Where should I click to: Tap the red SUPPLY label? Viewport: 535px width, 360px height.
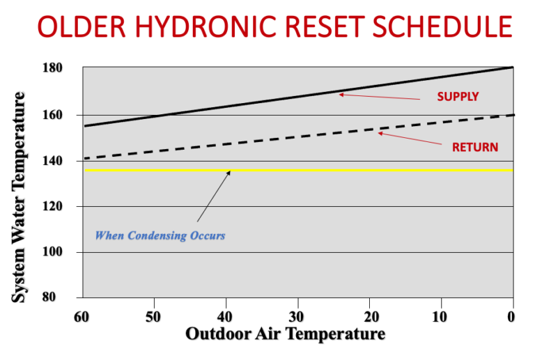pos(458,97)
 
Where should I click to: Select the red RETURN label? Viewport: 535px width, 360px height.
pos(475,147)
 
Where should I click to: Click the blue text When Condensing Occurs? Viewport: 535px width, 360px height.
pos(160,235)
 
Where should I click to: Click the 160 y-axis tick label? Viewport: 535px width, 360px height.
pos(72,114)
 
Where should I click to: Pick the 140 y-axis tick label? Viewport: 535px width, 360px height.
pos(72,160)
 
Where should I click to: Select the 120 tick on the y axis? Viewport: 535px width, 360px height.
pos(72,206)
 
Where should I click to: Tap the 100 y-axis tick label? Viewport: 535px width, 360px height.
pos(72,252)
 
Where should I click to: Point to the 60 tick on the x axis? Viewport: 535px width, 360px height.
pos(82,316)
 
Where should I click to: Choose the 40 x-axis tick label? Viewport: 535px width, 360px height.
pos(226,316)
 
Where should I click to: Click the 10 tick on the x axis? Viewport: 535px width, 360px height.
pos(440,316)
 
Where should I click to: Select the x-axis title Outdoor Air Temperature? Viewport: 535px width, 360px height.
pos(285,334)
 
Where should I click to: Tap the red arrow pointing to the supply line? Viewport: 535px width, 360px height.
pos(379,97)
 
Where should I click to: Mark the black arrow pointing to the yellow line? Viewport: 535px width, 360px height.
pos(213,196)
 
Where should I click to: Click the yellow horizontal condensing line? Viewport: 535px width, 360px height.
pos(348,170)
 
